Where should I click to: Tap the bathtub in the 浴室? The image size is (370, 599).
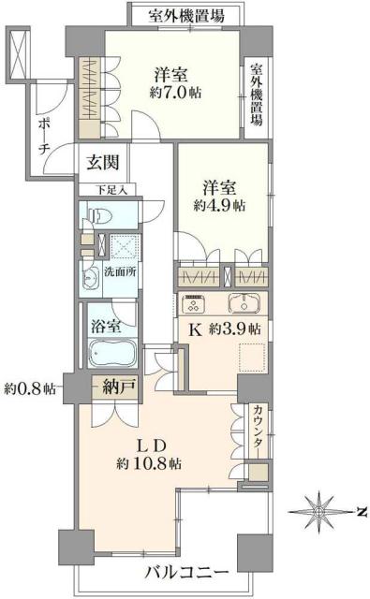point(111,354)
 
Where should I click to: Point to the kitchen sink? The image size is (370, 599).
point(249,303)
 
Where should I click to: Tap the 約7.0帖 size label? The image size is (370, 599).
point(176,92)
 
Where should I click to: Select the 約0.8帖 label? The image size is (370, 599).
point(30,387)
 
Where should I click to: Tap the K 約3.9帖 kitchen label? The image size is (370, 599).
point(224,329)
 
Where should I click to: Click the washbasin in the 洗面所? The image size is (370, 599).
point(92,278)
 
